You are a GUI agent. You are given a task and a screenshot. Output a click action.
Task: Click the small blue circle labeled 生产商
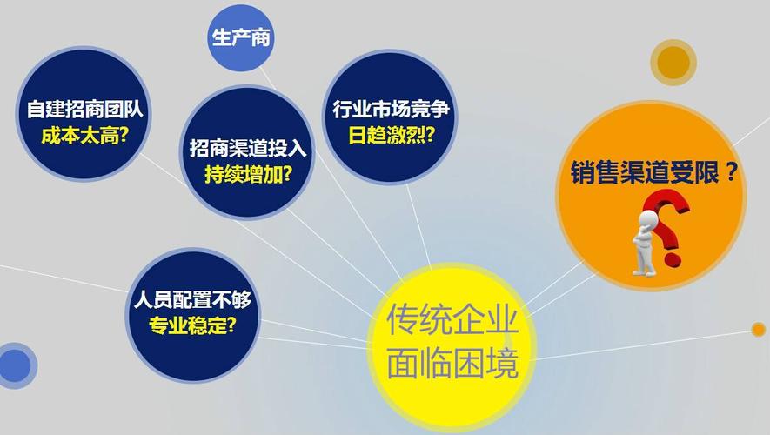236,37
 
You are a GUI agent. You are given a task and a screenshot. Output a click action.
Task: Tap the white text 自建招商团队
84,110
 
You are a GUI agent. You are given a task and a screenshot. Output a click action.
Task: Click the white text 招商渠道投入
245,147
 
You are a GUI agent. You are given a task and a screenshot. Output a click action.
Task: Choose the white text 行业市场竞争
390,110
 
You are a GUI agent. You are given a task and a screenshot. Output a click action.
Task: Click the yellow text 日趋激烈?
391,136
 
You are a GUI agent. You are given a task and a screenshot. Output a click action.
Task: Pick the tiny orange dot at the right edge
758,329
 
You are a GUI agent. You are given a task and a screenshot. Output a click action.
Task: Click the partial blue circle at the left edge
14,365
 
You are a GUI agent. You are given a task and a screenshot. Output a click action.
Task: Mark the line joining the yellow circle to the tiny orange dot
644,344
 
